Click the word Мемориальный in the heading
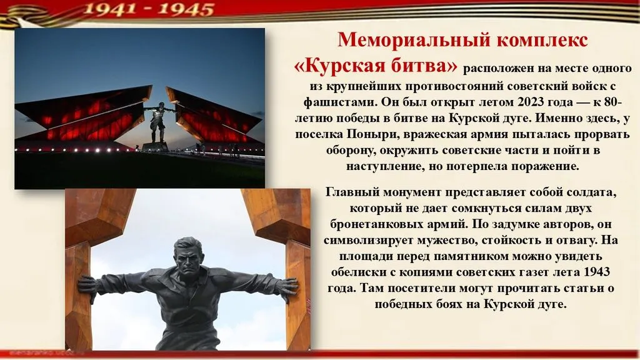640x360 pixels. tap(414, 40)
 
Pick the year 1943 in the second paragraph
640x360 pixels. tap(597, 272)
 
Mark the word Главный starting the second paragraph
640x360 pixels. tap(352, 192)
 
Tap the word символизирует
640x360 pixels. tap(369, 240)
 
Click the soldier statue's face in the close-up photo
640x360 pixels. tap(188, 259)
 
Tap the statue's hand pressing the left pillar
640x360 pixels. tap(87, 287)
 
